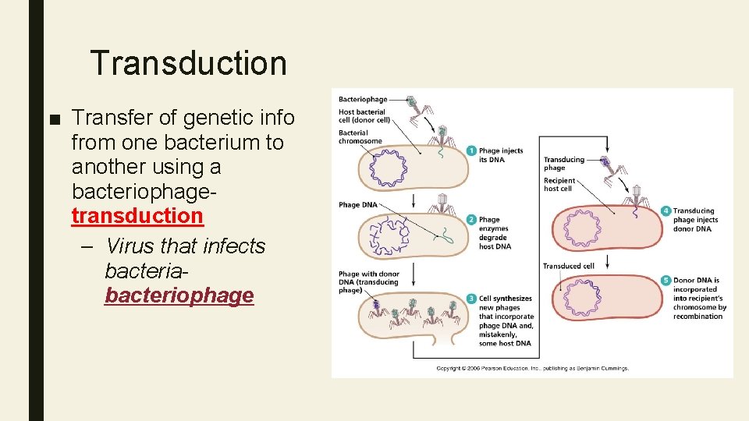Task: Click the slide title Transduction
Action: click(188, 63)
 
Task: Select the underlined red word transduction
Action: click(137, 215)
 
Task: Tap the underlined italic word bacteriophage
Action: click(179, 295)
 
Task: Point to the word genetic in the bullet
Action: click(212, 118)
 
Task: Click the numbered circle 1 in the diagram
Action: click(472, 150)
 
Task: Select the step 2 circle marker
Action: click(472, 219)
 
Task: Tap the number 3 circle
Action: click(472, 299)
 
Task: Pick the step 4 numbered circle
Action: click(665, 211)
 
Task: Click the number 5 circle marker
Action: click(665, 280)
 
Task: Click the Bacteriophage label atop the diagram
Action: click(363, 100)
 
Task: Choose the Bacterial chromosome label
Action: click(360, 137)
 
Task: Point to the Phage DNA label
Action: click(358, 205)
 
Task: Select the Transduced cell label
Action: click(569, 266)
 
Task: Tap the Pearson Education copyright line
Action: click(532, 368)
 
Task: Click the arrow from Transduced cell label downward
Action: click(606, 267)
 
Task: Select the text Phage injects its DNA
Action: click(501, 155)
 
